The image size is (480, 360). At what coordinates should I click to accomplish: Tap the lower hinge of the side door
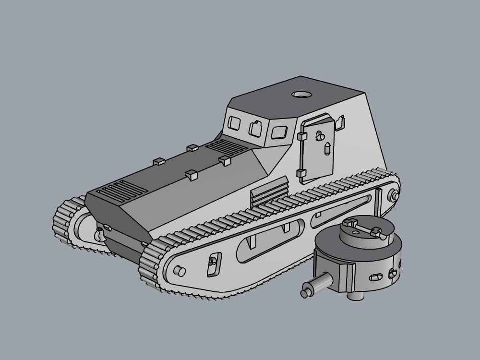[301, 173]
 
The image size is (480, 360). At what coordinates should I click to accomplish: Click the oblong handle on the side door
[327, 148]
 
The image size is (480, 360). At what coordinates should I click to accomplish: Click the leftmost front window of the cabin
[235, 124]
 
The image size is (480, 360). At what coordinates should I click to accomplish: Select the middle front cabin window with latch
[254, 128]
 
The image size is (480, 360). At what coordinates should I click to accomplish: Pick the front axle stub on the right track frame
[179, 270]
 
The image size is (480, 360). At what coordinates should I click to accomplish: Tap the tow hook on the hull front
[99, 235]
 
